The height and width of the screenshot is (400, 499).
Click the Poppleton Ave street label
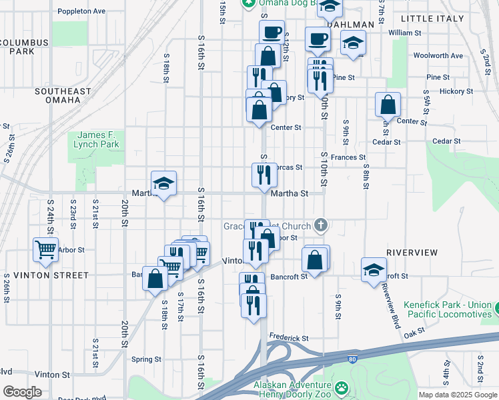[81, 11]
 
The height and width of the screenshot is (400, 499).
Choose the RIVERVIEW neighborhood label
[412, 253]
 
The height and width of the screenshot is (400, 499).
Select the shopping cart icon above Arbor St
[45, 249]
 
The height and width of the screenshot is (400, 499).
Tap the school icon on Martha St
[163, 183]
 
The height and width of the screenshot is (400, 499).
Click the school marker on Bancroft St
[374, 269]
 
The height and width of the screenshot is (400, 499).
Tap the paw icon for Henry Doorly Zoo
[342, 387]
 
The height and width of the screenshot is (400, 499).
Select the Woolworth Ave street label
[438, 55]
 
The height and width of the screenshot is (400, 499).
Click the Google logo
[22, 391]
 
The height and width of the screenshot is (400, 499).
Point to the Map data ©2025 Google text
[457, 395]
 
